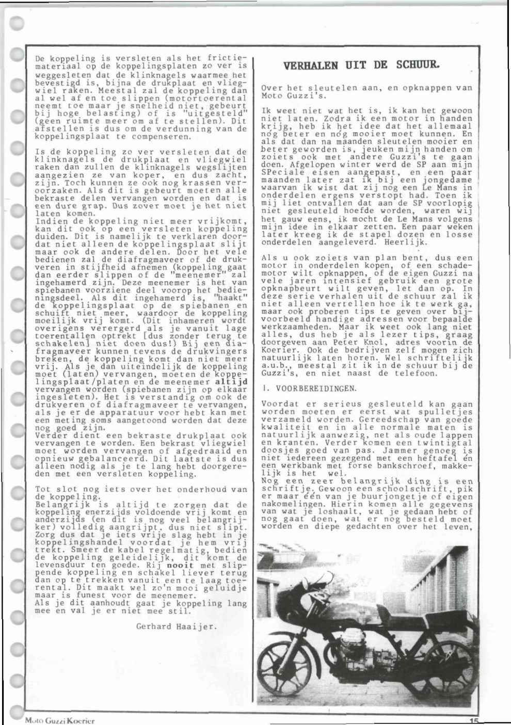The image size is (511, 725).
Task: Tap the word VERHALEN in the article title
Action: point(310,66)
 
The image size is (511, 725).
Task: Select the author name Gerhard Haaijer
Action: point(177,626)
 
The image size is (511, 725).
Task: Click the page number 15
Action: point(474,721)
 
